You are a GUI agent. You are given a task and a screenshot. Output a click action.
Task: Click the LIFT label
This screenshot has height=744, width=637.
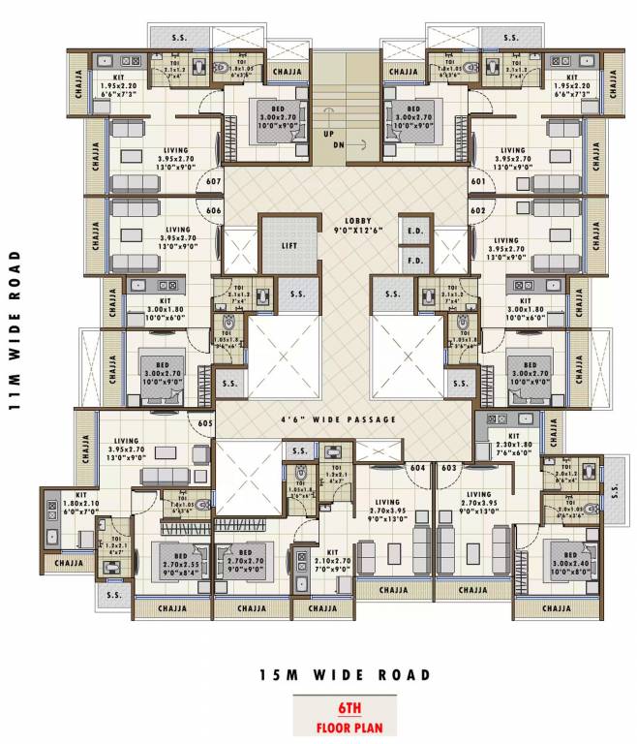pyautogui.click(x=289, y=246)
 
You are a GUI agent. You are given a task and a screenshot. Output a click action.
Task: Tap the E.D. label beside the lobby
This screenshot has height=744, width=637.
pyautogui.click(x=416, y=232)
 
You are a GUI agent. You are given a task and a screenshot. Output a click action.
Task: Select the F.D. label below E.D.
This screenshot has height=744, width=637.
pyautogui.click(x=416, y=261)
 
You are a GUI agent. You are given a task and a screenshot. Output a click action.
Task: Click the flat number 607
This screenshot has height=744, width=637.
pyautogui.click(x=214, y=181)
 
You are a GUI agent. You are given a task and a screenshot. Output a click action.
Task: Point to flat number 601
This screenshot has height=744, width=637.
pyautogui.click(x=477, y=181)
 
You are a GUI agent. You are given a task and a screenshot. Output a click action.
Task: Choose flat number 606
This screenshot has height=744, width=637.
pyautogui.click(x=214, y=210)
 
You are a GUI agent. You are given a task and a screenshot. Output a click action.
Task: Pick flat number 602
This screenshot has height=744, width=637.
pyautogui.click(x=477, y=210)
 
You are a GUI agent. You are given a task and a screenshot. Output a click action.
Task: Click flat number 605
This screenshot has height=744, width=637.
pyautogui.click(x=205, y=423)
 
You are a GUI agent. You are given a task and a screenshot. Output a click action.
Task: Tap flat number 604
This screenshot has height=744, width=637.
pyautogui.click(x=418, y=468)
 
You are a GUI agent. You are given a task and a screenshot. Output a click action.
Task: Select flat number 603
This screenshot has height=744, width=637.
pyautogui.click(x=448, y=468)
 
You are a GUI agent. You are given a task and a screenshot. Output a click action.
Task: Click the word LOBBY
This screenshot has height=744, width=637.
pyautogui.click(x=345, y=221)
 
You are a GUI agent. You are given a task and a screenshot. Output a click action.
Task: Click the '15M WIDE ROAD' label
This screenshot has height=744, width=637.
pyautogui.click(x=345, y=675)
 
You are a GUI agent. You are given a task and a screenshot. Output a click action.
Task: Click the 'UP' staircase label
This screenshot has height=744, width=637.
pyautogui.click(x=329, y=133)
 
